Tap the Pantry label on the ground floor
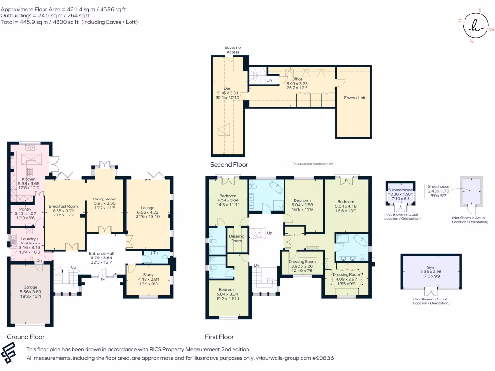click(x=25, y=209)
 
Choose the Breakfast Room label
click(x=63, y=206)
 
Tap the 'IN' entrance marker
click(x=102, y=279)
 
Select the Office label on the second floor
click(x=297, y=79)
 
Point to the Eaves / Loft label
click(x=354, y=98)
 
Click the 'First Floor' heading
click(x=219, y=337)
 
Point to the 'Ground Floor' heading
click(x=26, y=337)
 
